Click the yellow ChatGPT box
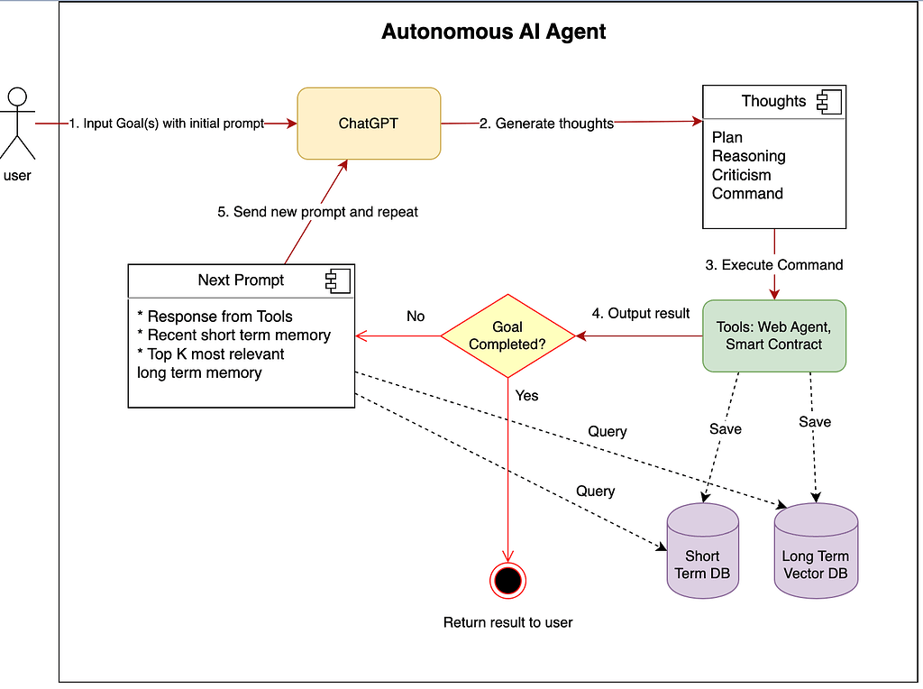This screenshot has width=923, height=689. (x=369, y=123)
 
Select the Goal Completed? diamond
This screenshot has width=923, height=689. (x=507, y=335)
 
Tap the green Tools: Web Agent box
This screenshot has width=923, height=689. (x=774, y=335)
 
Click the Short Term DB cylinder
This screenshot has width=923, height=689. (x=702, y=556)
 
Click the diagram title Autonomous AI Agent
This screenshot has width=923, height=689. (x=493, y=32)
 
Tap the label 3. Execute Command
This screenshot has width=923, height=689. (x=774, y=265)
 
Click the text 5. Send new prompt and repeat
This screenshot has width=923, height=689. (x=317, y=212)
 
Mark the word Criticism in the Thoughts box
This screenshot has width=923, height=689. (x=741, y=175)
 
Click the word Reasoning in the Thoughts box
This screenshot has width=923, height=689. (x=748, y=156)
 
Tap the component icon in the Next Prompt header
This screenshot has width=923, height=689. (x=338, y=280)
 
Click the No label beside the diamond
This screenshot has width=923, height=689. (x=416, y=317)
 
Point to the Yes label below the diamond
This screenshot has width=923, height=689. (x=526, y=395)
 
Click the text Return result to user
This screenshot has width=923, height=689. (x=507, y=622)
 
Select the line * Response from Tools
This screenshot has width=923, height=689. (x=215, y=317)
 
